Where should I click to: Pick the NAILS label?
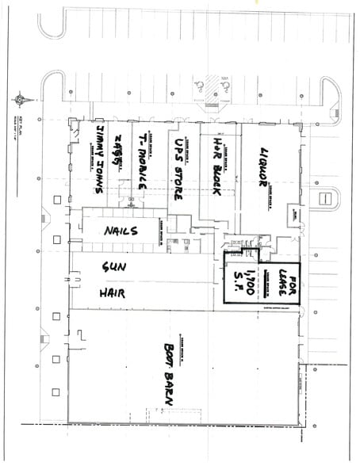(x=121, y=231)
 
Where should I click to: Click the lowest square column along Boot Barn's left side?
(x=56, y=392)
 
